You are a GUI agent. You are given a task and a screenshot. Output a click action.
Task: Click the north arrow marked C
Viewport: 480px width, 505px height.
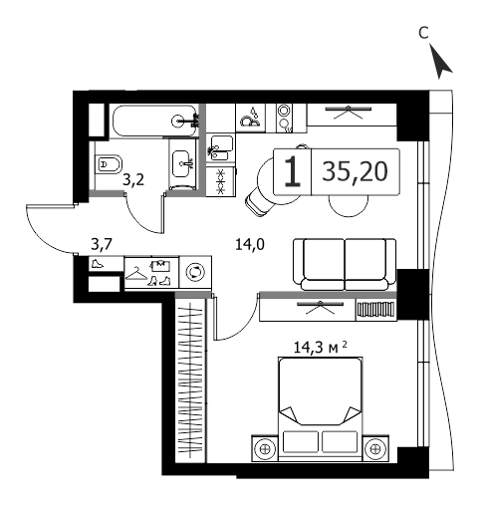[x=441, y=63]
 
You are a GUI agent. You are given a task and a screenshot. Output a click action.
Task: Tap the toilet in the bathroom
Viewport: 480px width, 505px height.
[x=108, y=164]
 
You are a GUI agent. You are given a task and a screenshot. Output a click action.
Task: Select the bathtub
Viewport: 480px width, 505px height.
[x=154, y=121]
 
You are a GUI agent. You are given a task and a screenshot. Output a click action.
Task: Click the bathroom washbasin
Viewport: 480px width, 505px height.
[x=181, y=163]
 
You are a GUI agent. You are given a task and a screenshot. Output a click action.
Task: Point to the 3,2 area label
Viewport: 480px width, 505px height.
[x=133, y=181]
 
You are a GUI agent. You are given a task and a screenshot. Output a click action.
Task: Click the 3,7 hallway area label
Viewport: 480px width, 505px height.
[x=102, y=245]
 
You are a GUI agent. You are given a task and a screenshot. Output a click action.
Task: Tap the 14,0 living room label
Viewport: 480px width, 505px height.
[x=250, y=245]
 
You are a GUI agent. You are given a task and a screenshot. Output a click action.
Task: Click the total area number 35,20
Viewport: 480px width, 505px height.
[x=355, y=171]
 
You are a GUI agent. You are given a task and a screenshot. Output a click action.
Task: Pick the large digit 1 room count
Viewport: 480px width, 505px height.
[x=293, y=171]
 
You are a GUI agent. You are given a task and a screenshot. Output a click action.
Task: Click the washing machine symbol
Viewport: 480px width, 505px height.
[x=195, y=272]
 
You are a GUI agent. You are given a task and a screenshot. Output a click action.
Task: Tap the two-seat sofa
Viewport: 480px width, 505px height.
[x=345, y=265]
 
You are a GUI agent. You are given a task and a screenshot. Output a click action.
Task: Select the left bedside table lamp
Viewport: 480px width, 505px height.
[x=265, y=449]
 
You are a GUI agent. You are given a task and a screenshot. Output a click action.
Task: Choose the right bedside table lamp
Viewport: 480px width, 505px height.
[x=374, y=449]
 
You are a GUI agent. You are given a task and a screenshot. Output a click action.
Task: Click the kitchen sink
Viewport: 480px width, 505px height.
[x=219, y=147]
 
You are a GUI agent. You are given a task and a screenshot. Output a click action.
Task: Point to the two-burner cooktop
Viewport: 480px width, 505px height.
[x=283, y=119]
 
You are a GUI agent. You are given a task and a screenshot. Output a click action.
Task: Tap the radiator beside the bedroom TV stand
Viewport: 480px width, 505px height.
[x=376, y=310]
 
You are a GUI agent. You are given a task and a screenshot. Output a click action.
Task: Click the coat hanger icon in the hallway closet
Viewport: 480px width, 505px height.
[x=136, y=274]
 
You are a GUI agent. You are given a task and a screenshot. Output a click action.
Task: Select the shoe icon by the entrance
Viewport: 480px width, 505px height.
[x=97, y=264]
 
